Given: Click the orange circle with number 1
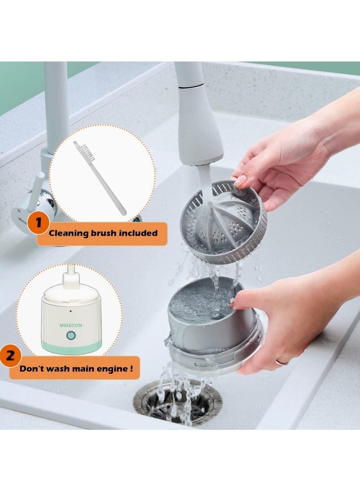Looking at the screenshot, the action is tap(38, 223).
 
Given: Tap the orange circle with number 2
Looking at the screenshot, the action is tap(10, 356).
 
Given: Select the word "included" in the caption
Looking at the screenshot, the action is tap(141, 233).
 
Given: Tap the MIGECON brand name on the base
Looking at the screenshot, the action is tap(71, 325).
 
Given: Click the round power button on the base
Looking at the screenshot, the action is tap(71, 336).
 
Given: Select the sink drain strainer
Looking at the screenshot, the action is tap(177, 402).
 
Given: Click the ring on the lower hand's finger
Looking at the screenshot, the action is tap(282, 363).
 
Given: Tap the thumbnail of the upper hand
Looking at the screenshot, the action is tap(241, 180).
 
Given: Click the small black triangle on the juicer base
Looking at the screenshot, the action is tap(71, 311).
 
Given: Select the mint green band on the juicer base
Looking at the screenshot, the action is tap(72, 347).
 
